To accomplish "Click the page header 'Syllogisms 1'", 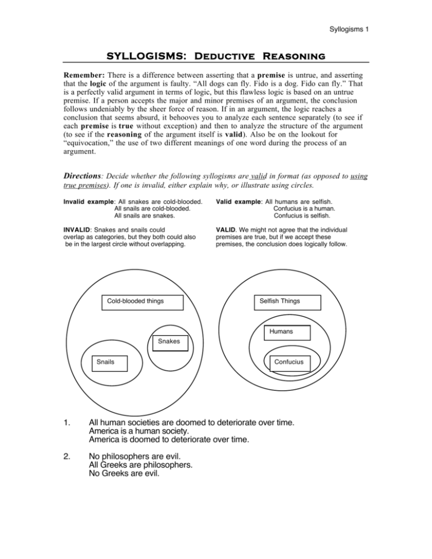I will pyautogui.click(x=348, y=30).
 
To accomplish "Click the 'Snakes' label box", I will pyautogui.click(x=169, y=342).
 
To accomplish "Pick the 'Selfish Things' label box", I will pyautogui.click(x=280, y=301).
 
